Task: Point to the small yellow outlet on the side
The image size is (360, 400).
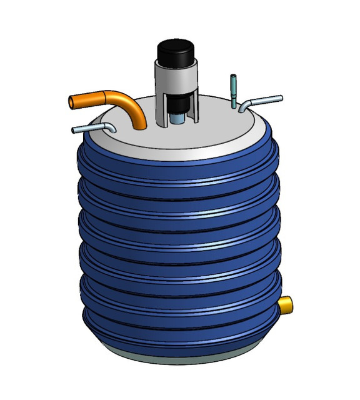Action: (x=286, y=306)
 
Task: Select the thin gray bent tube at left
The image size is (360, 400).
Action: (x=94, y=127)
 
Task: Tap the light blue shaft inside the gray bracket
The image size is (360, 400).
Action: (x=177, y=118)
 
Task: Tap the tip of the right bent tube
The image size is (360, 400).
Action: (x=281, y=97)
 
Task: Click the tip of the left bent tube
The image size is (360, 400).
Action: (x=75, y=130)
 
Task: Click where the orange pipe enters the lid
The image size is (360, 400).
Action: (x=141, y=126)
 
